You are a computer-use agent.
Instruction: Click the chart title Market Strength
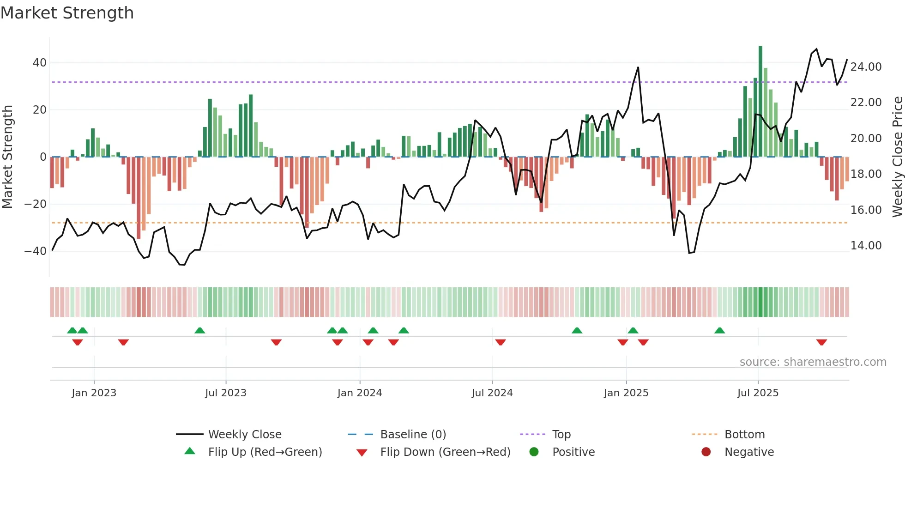click(67, 13)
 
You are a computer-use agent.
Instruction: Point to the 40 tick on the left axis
click(40, 62)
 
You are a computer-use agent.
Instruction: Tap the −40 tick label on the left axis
click(36, 251)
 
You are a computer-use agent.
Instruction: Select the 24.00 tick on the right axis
click(866, 67)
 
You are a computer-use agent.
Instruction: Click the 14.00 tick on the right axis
click(866, 246)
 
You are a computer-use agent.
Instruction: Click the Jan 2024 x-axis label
click(360, 393)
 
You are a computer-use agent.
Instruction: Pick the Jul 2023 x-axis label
click(226, 393)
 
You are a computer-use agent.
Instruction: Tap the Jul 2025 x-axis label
click(758, 393)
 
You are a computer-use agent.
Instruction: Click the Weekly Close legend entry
click(244, 435)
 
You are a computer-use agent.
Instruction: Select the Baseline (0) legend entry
click(413, 435)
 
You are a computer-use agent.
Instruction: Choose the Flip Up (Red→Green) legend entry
click(265, 452)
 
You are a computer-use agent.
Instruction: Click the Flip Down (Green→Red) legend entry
click(445, 452)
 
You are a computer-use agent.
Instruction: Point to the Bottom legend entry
click(744, 435)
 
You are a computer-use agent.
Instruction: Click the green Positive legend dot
click(534, 452)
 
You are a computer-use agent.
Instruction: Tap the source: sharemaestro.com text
click(813, 362)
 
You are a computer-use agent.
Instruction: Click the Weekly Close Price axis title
click(897, 157)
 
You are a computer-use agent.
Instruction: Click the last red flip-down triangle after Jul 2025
click(821, 342)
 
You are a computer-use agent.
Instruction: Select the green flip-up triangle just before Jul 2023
click(199, 330)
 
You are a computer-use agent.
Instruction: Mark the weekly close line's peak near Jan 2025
click(638, 67)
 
